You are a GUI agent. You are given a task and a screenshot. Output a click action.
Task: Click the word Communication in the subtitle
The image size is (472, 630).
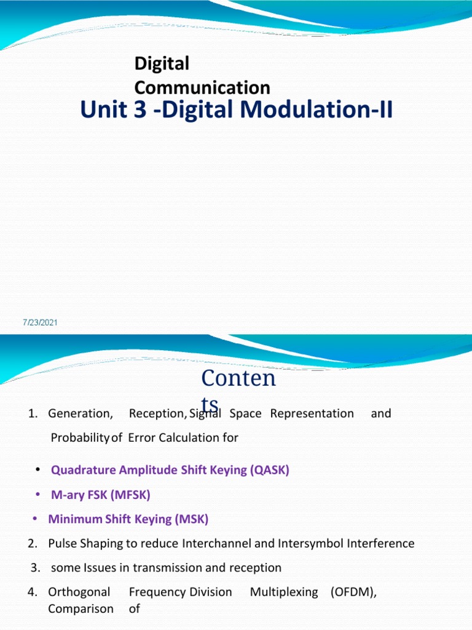point(202,87)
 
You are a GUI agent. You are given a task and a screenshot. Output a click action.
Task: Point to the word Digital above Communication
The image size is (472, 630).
point(162,63)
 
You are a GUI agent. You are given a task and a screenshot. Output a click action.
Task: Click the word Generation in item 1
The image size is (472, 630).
point(80,413)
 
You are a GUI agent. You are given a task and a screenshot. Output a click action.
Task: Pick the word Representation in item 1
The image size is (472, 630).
point(312,413)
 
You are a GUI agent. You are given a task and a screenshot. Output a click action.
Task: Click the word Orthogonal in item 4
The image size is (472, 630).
point(79,592)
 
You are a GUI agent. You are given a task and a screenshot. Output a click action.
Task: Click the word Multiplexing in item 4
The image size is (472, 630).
point(284,592)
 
